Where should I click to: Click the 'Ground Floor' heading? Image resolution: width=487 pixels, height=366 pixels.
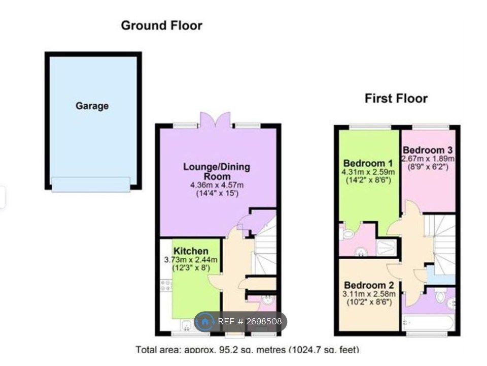(161, 25)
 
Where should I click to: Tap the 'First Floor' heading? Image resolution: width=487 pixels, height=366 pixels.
(396, 98)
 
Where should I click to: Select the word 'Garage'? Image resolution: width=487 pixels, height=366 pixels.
(92, 106)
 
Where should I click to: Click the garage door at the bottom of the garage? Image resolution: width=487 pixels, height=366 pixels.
(91, 184)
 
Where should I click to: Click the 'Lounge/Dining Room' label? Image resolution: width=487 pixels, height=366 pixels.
(217, 171)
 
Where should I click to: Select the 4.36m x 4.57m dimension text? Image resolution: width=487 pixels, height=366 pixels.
(217, 185)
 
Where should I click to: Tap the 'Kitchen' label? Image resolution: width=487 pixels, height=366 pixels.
(191, 251)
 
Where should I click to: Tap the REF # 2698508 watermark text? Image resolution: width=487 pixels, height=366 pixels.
(250, 322)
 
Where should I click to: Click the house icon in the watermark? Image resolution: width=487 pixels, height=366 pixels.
(205, 322)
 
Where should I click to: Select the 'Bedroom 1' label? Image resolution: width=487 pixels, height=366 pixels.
(368, 163)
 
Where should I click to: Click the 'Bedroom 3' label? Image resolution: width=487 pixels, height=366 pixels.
(427, 150)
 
